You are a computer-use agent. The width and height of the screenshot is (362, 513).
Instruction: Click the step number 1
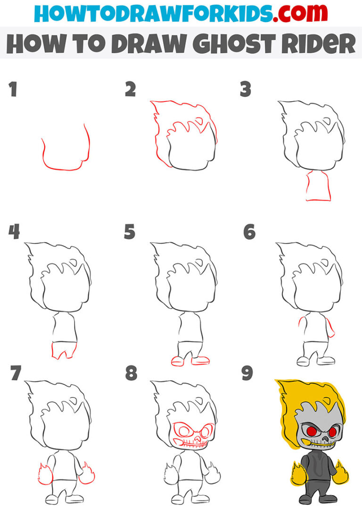(13, 90)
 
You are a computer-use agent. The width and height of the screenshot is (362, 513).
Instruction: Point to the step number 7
(15, 373)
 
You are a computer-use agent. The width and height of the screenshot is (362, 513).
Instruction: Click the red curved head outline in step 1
(64, 168)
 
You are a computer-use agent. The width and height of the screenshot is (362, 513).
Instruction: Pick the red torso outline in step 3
(318, 187)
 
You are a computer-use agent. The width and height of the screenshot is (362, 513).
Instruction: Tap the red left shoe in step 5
(179, 362)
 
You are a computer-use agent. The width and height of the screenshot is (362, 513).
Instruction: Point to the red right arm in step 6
(331, 327)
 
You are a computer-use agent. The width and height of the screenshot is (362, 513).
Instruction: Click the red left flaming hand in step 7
(42, 474)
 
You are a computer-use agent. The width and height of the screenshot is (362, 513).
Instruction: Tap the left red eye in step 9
(311, 430)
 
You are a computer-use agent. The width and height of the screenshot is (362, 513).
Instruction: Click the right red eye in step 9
(332, 431)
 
